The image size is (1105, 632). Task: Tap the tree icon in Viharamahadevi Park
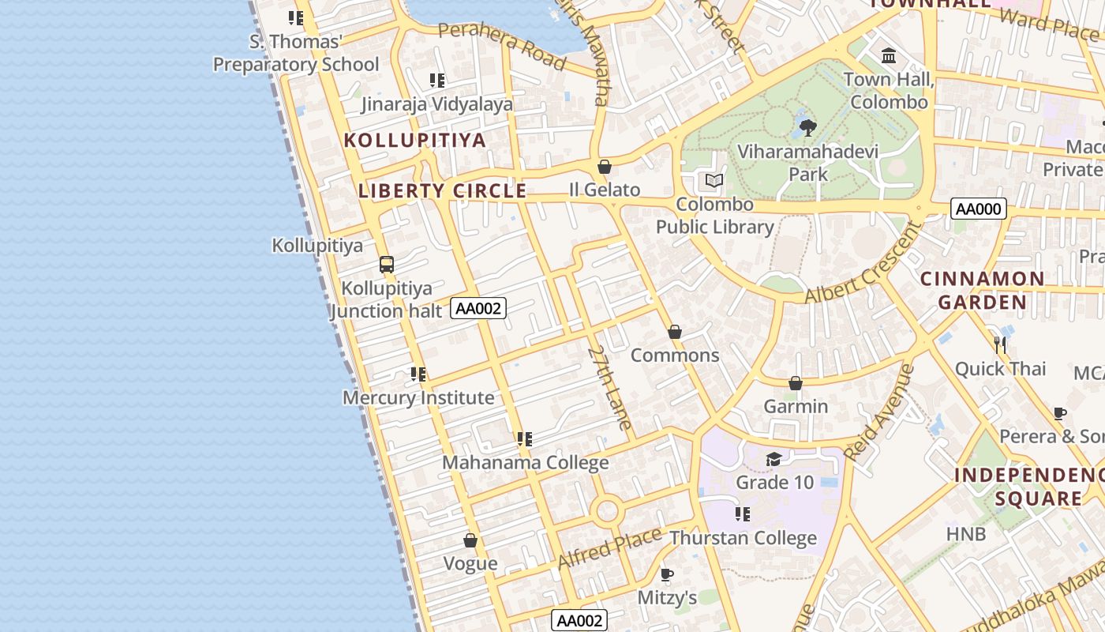pos(808,127)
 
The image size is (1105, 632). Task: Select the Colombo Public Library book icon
pos(714,181)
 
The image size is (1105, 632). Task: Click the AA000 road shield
pos(979,209)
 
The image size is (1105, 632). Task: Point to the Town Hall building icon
pos(889,56)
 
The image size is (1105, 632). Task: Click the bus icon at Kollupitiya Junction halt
pos(386,265)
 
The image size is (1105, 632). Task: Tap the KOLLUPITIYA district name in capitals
pos(414,141)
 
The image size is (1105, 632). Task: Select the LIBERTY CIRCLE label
pos(442,190)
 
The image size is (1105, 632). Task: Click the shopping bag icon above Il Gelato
pos(605,167)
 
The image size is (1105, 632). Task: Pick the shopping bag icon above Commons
pos(675,332)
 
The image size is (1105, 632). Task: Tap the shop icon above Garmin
pos(796,383)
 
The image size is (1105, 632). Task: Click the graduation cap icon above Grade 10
pos(774,459)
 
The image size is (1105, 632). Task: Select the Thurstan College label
pos(743,538)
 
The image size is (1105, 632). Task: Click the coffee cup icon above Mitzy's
pos(666,574)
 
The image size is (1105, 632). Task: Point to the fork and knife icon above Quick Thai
pos(1000,344)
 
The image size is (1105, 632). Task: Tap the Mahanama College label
pos(525,462)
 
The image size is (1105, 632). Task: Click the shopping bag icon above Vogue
pos(470,540)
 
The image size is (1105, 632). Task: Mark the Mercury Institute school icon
pos(418,374)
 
